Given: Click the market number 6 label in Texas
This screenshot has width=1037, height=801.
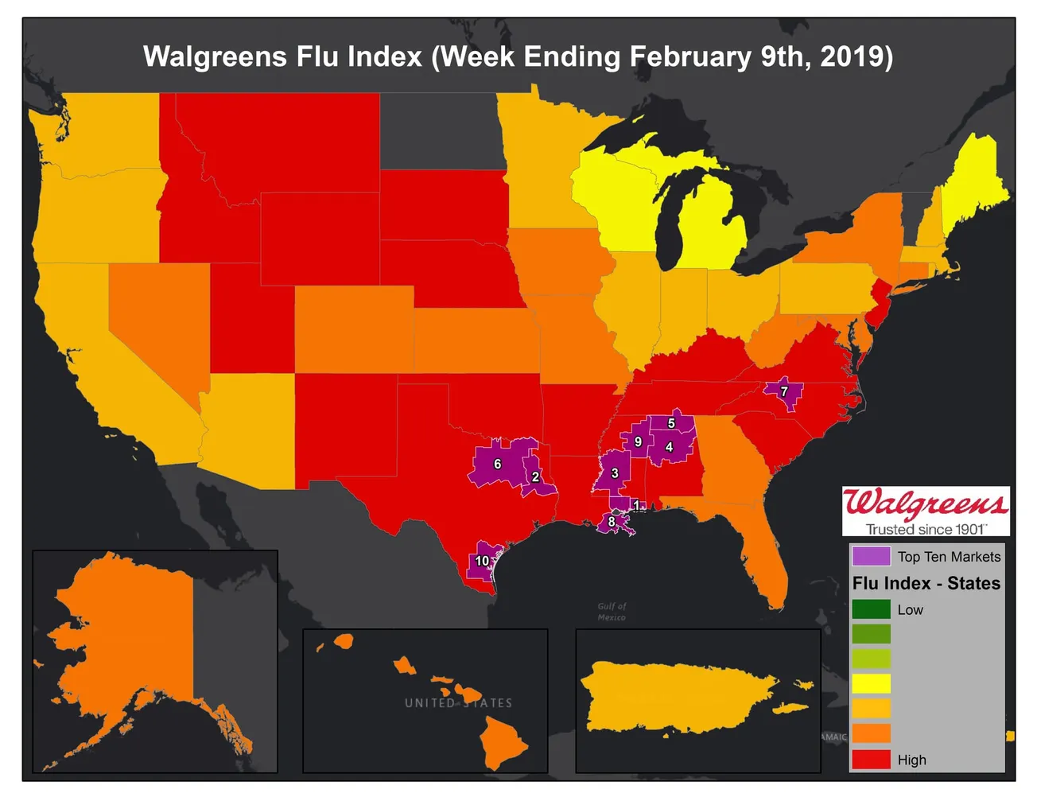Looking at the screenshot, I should tap(498, 464).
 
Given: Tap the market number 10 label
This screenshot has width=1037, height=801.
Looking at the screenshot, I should tap(482, 561).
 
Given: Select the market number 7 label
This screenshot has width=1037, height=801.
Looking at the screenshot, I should tap(784, 391).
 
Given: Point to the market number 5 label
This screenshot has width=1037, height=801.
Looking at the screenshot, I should tap(671, 423).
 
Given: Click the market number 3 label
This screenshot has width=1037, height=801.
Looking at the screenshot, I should tap(615, 473).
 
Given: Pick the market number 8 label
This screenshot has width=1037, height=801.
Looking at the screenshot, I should tap(611, 522).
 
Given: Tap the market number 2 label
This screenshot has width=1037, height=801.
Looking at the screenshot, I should tap(535, 477).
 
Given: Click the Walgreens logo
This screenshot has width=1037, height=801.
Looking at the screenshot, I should tap(926, 510).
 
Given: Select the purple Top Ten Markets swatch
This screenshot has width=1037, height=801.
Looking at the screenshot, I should tap(870, 556).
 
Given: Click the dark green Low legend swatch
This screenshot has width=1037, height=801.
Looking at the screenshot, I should tap(871, 609).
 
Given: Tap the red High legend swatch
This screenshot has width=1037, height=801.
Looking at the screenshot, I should tap(871, 759).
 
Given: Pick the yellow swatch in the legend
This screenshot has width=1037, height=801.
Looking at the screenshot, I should tap(871, 683).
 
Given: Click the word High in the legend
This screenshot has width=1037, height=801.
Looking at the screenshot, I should tap(911, 760).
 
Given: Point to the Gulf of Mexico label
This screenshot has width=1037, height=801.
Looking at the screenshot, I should tap(612, 612).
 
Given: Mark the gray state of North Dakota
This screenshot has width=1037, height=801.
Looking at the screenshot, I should tap(441, 131).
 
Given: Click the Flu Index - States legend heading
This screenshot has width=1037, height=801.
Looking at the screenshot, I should tap(926, 583).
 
